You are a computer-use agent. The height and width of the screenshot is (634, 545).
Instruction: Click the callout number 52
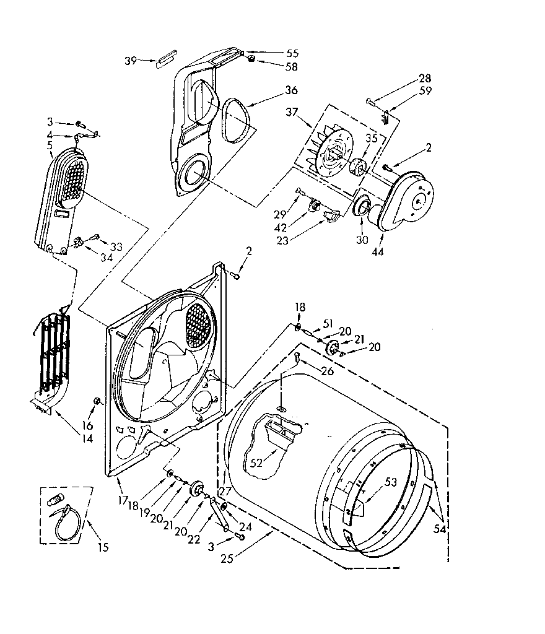[x=256, y=462]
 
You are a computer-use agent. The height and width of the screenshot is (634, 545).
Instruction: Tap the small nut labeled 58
[x=253, y=59]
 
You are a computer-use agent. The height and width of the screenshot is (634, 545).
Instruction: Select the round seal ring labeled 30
[x=361, y=207]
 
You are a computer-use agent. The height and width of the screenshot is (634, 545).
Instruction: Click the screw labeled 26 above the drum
[x=298, y=357]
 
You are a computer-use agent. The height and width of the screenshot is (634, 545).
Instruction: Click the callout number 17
[x=123, y=498]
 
